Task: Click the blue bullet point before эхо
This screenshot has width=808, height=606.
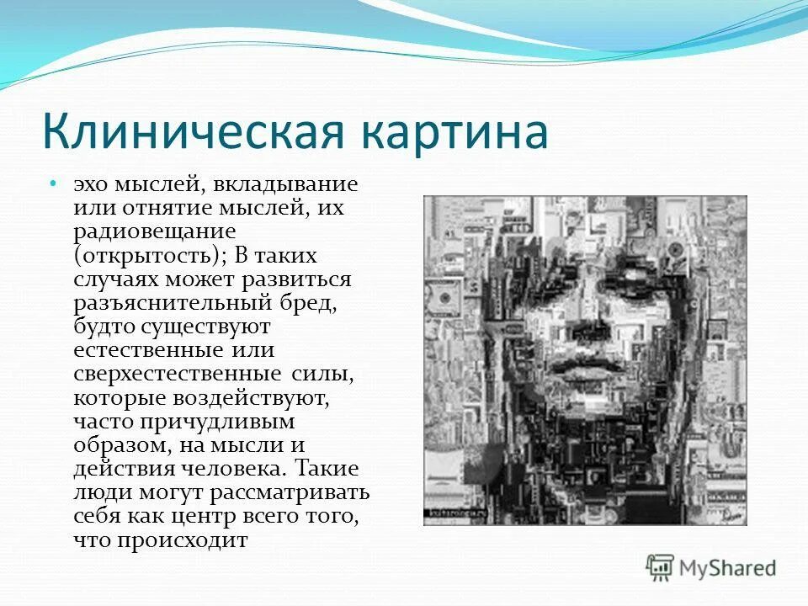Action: [51, 183]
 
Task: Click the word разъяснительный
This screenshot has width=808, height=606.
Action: [170, 301]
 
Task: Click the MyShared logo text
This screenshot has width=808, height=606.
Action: [728, 568]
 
